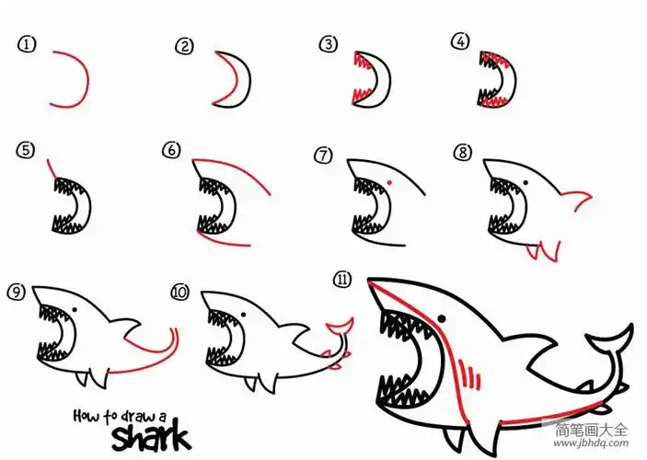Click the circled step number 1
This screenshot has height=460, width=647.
pos(27,44)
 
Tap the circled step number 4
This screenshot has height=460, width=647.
pos(460,41)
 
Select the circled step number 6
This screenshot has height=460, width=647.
pos(171,150)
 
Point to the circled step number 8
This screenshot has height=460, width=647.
pos(463,153)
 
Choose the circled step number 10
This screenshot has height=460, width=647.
pos(179,292)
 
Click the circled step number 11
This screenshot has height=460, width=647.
pos(342,280)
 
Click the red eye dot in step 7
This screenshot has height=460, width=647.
pos(389,182)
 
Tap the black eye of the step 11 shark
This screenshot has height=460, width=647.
pos(441,318)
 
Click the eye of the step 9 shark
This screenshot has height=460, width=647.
pos(75,310)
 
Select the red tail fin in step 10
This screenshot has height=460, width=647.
pos(340,326)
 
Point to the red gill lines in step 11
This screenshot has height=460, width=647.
pos(470,374)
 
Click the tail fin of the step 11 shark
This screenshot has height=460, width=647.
pos(611,339)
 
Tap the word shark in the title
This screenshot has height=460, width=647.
pos(151,435)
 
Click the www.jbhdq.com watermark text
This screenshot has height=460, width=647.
pos(591,443)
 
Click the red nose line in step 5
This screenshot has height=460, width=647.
pos(52,168)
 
